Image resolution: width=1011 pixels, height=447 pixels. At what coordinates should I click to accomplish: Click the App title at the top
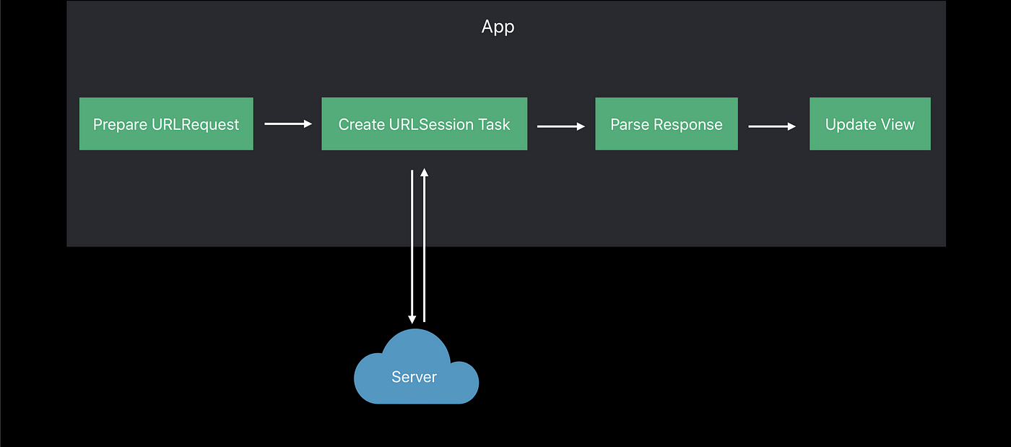click(x=498, y=27)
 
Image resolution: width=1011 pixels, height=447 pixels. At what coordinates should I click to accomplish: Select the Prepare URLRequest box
click(x=166, y=123)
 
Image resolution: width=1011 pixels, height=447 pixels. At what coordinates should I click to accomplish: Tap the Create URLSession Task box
click(x=425, y=123)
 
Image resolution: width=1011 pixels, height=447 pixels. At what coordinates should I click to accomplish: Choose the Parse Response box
click(x=667, y=123)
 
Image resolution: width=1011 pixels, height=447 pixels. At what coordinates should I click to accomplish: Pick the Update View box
click(x=870, y=123)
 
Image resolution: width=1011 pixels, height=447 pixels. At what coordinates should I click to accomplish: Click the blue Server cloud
click(x=416, y=367)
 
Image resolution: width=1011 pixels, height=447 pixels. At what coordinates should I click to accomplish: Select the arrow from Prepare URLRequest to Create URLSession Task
click(x=288, y=123)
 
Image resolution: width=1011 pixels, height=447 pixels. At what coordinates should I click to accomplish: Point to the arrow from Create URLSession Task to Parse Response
click(x=561, y=126)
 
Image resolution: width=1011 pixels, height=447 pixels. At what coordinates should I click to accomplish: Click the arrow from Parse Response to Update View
click(x=772, y=126)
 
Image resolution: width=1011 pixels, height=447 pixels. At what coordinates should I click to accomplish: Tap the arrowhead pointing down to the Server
click(x=412, y=320)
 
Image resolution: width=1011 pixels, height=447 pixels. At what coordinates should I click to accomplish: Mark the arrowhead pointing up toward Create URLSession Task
click(x=425, y=173)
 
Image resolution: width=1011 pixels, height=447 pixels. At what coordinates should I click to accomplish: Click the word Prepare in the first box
click(x=120, y=125)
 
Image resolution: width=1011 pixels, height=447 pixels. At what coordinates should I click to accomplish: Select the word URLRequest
click(x=196, y=125)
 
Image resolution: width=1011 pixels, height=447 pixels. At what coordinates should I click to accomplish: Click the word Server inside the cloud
click(x=415, y=377)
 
